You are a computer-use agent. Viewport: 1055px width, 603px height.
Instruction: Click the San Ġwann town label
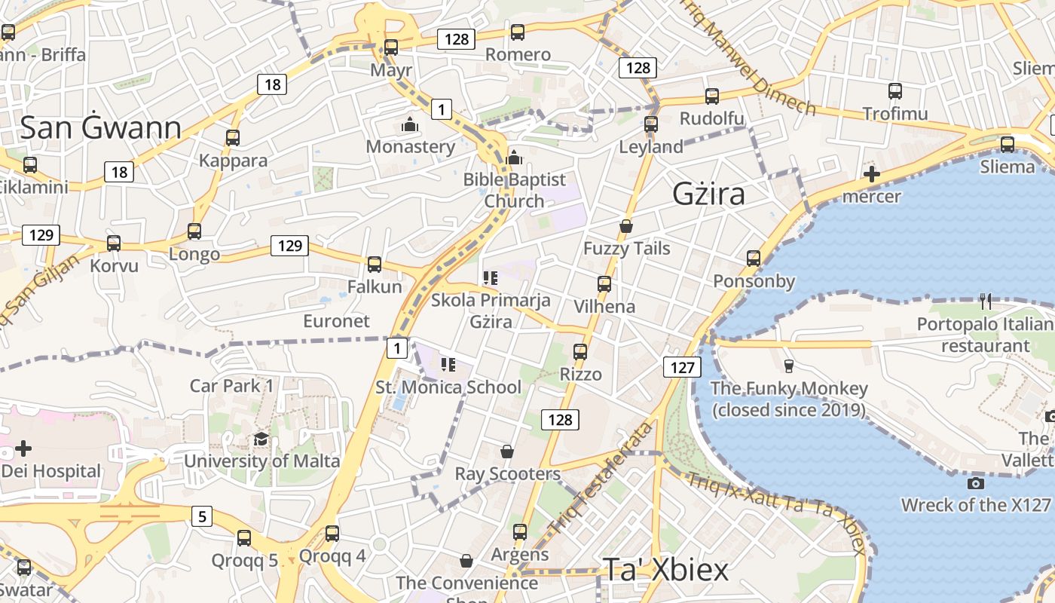point(100,127)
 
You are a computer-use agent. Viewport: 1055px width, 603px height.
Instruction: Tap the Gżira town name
point(708,194)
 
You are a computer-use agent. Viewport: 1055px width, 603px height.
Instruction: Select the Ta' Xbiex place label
point(665,570)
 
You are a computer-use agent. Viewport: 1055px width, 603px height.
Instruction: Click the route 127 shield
point(682,367)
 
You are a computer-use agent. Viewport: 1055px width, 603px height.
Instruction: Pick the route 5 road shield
point(201,516)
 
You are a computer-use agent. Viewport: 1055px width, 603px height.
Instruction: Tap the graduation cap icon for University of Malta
point(261,439)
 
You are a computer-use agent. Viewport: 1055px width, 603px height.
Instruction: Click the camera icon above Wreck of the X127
point(976,483)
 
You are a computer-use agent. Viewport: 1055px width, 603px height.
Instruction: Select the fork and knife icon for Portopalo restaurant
point(986,302)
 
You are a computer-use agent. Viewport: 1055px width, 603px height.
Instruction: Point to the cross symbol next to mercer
point(871,175)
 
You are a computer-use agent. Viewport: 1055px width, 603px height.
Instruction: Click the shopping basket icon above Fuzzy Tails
point(625,226)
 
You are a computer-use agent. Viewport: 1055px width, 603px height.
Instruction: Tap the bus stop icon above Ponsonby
point(753,259)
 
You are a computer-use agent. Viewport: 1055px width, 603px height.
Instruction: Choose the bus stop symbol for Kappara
point(233,138)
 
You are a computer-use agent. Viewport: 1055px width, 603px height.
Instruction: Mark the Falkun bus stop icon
point(374,265)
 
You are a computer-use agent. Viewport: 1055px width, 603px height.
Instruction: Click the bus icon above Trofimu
point(894,91)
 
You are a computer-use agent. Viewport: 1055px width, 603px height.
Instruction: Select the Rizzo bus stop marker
point(579,352)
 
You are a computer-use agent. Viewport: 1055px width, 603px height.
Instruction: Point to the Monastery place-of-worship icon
point(410,124)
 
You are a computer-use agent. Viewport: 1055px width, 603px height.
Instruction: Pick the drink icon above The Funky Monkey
point(788,366)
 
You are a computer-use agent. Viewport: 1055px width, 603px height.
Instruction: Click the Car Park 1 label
point(231,386)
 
